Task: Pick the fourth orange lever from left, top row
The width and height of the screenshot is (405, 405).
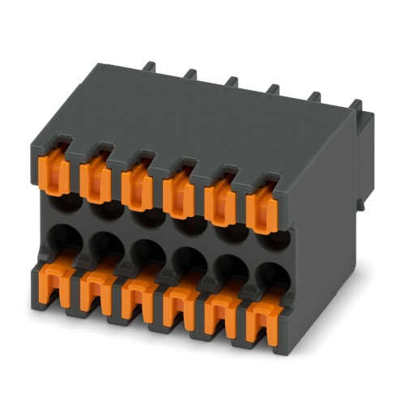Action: click(x=177, y=193)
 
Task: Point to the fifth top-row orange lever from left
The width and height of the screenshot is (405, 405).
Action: click(x=219, y=202)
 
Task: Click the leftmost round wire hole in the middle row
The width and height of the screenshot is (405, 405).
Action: click(x=63, y=236)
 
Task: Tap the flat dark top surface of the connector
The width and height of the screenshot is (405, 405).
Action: click(x=202, y=122)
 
